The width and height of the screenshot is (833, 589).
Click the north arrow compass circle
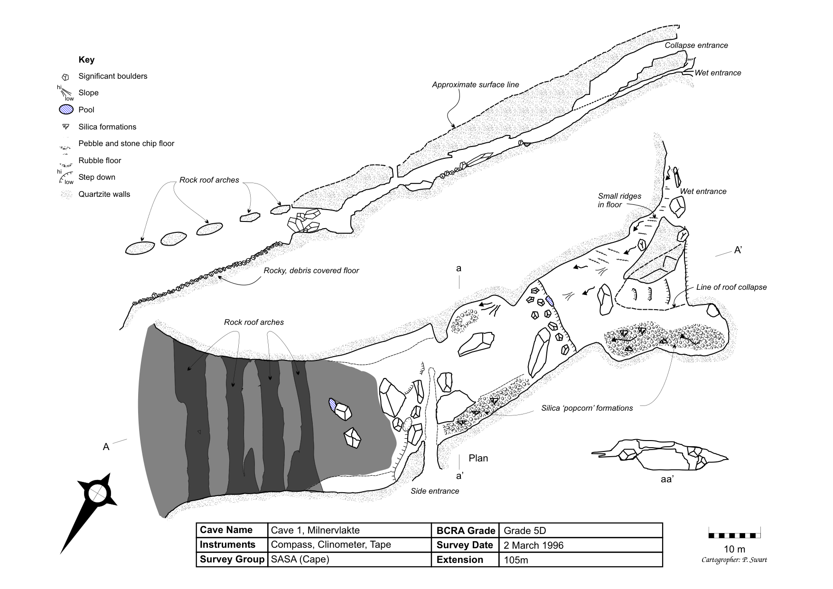pos(99,494)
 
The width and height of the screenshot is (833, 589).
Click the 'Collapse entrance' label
pos(696,46)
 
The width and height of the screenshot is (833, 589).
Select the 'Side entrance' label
pos(435,491)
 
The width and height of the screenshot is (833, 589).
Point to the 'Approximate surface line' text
pos(475,85)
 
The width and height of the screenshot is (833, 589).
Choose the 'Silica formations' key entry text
pos(107,127)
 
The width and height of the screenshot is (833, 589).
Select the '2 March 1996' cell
pos(533,545)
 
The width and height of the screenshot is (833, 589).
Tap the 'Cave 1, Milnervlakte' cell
pos(315,530)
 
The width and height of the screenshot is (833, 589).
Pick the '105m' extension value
pos(516,560)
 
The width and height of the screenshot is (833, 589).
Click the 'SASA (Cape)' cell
pos(300,560)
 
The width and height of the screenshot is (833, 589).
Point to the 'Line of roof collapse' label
pos(731,287)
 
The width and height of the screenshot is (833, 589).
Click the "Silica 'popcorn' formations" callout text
pos(587,408)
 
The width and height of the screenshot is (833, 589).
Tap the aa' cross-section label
pos(667,479)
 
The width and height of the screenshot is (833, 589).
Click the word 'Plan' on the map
pos(478,458)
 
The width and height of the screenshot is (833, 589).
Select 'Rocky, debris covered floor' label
pos(311,271)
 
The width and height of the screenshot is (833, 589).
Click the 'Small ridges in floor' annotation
pos(619,201)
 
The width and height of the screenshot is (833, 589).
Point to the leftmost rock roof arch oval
pos(140,248)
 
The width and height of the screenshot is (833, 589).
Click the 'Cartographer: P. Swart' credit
pos(734,560)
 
